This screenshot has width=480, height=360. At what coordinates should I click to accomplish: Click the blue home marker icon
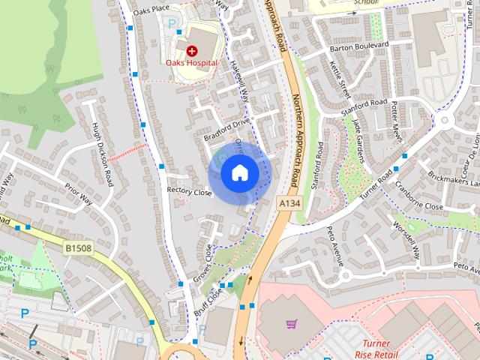coord(239,173)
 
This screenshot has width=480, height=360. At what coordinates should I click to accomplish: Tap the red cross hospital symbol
coord(192,51)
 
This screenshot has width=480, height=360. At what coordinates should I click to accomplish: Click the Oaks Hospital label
coord(193,63)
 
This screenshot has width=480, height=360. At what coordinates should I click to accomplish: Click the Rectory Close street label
coord(189,192)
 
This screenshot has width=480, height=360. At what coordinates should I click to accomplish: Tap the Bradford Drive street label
coord(226,127)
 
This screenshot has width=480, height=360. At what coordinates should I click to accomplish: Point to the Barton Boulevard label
coord(359,46)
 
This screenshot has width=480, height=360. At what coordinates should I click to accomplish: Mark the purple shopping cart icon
coord(292,325)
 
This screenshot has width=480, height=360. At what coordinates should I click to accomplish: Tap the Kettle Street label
coord(340,79)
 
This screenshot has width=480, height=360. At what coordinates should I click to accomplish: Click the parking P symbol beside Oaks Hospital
coord(172,23)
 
